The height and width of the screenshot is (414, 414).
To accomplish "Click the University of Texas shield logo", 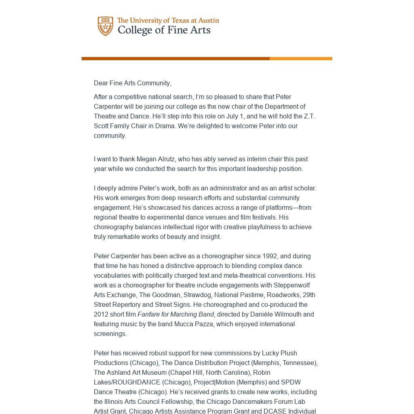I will point(106,26).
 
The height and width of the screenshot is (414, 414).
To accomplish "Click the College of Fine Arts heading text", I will point(164,30).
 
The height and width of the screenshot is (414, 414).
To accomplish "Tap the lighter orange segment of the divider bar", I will point(301,59).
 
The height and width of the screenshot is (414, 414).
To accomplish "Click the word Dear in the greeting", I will point(101,83).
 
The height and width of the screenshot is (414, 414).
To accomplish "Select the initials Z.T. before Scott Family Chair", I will point(309,116).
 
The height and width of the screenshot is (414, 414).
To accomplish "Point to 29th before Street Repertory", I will point(309,295).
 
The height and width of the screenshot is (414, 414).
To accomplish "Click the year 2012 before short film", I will point(101,315).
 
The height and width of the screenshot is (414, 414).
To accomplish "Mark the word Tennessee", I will point(299,363).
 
